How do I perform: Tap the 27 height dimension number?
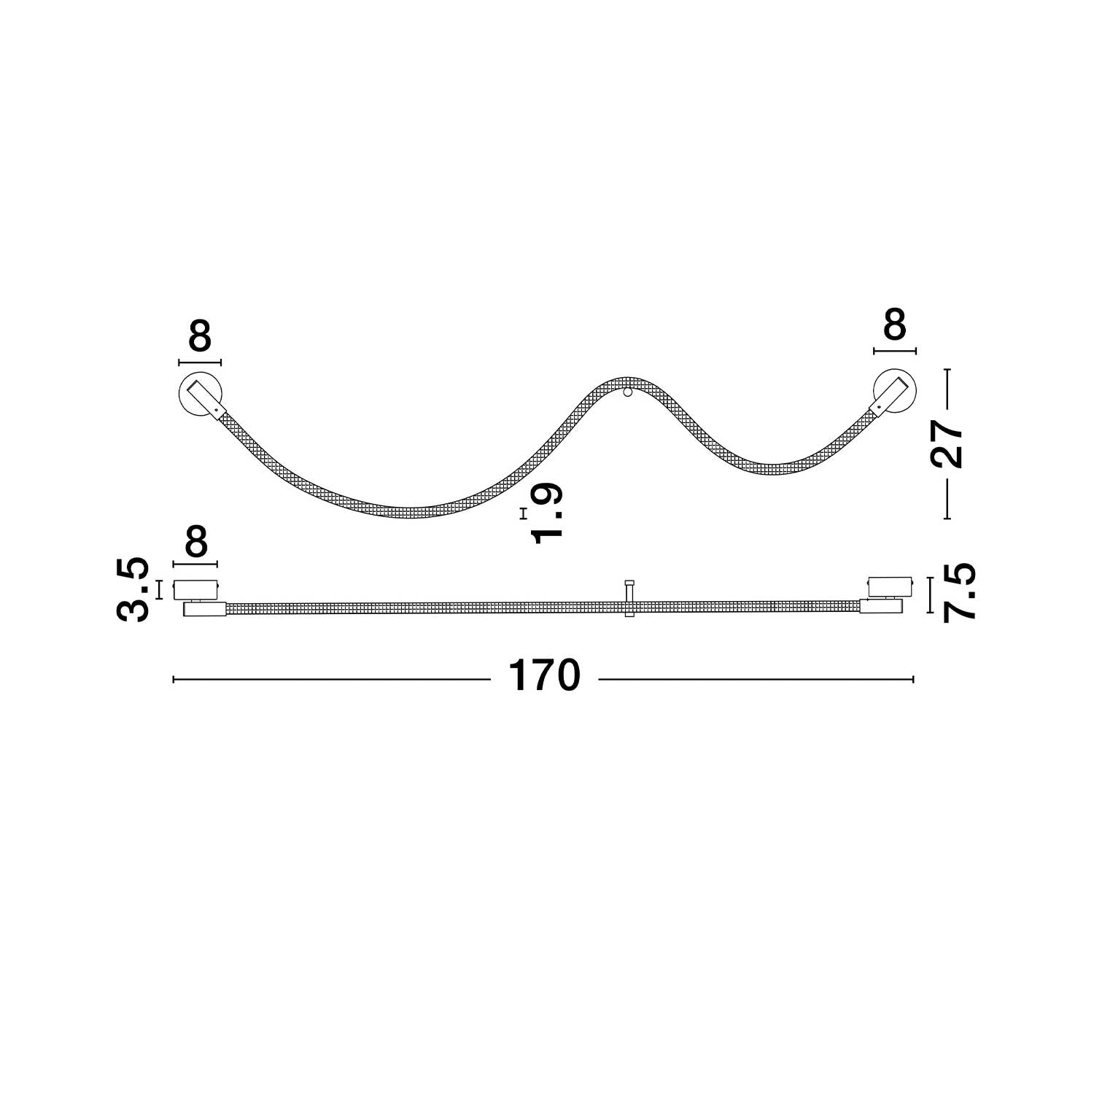tap(949, 445)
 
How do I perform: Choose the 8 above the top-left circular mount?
tap(199, 336)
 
